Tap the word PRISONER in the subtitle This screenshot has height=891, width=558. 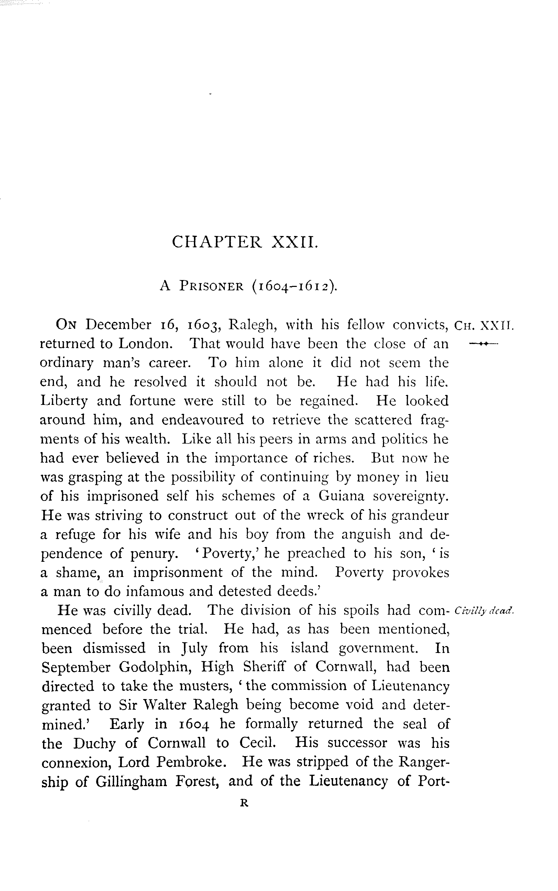pos(211,287)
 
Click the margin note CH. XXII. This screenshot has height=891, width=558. pos(483,326)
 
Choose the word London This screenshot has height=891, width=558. pos(145,344)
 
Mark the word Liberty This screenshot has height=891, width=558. pos(64,401)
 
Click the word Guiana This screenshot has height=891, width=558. pos(341,496)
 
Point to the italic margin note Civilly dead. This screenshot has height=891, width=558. pos(484,610)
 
